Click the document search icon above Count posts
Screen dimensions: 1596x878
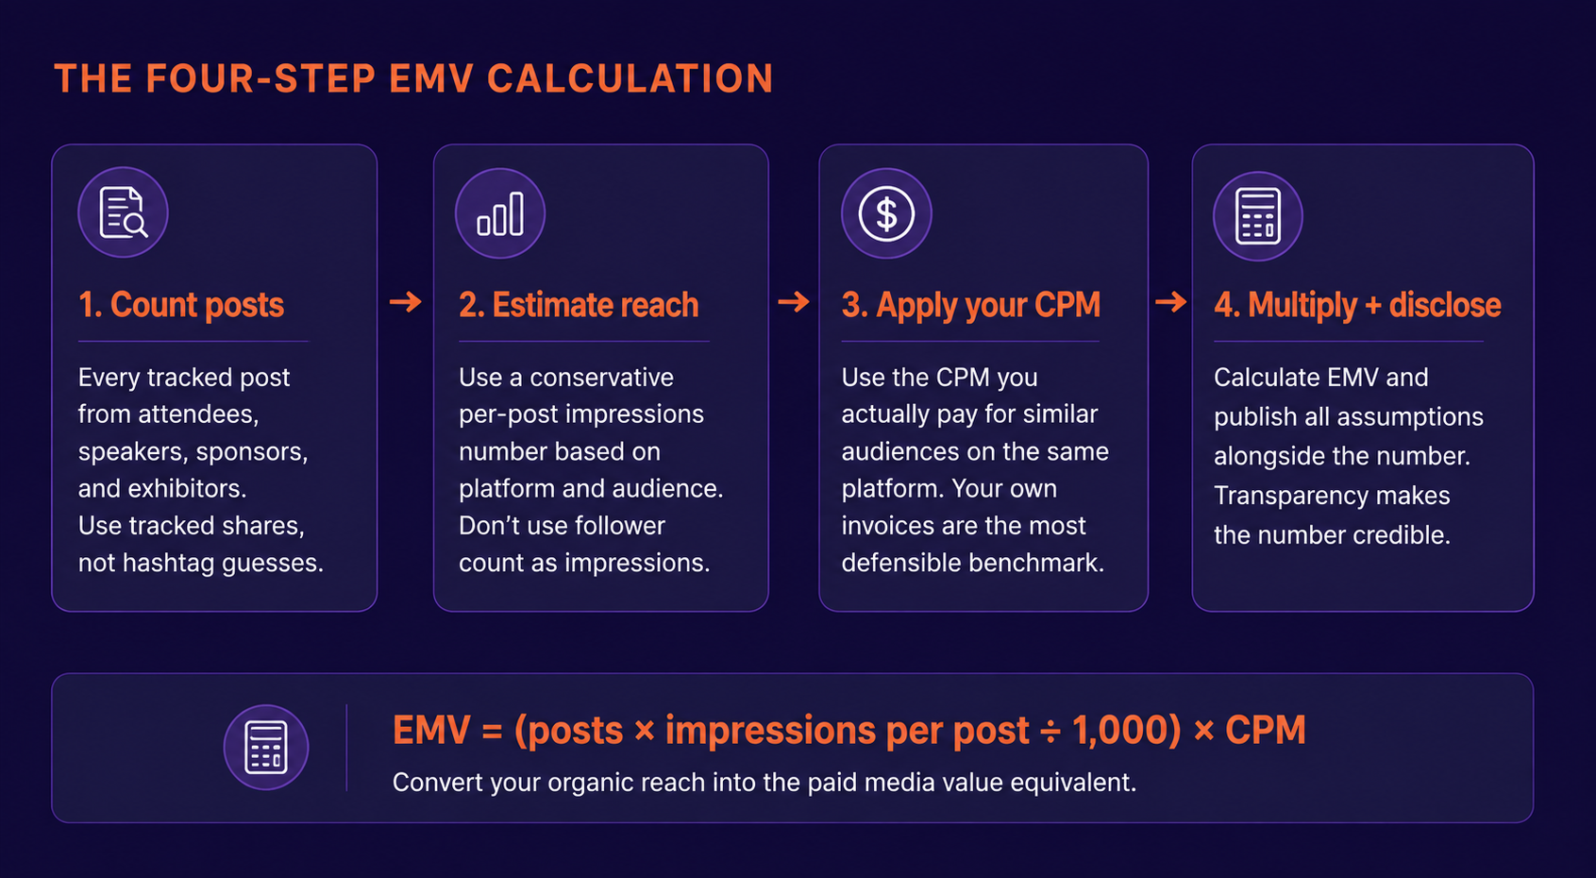tap(124, 211)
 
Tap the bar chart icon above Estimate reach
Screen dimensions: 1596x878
tap(500, 213)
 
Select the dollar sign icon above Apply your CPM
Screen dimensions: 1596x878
tap(886, 213)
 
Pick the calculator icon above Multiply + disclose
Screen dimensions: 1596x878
tap(1257, 216)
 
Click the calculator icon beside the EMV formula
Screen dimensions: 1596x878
tap(266, 747)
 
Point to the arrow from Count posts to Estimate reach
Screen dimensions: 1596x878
tap(406, 302)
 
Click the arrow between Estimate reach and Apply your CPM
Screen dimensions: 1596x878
tap(794, 302)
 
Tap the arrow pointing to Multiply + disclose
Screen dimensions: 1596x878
tap(1170, 302)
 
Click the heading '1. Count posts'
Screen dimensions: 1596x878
tap(181, 305)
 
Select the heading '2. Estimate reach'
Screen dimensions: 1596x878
tap(579, 305)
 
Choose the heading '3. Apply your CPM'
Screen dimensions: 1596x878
tap(971, 305)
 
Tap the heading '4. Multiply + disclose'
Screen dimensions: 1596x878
tap(1357, 305)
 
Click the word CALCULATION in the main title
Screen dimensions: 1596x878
tap(630, 78)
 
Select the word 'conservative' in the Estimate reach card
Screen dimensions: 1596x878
tap(601, 377)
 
